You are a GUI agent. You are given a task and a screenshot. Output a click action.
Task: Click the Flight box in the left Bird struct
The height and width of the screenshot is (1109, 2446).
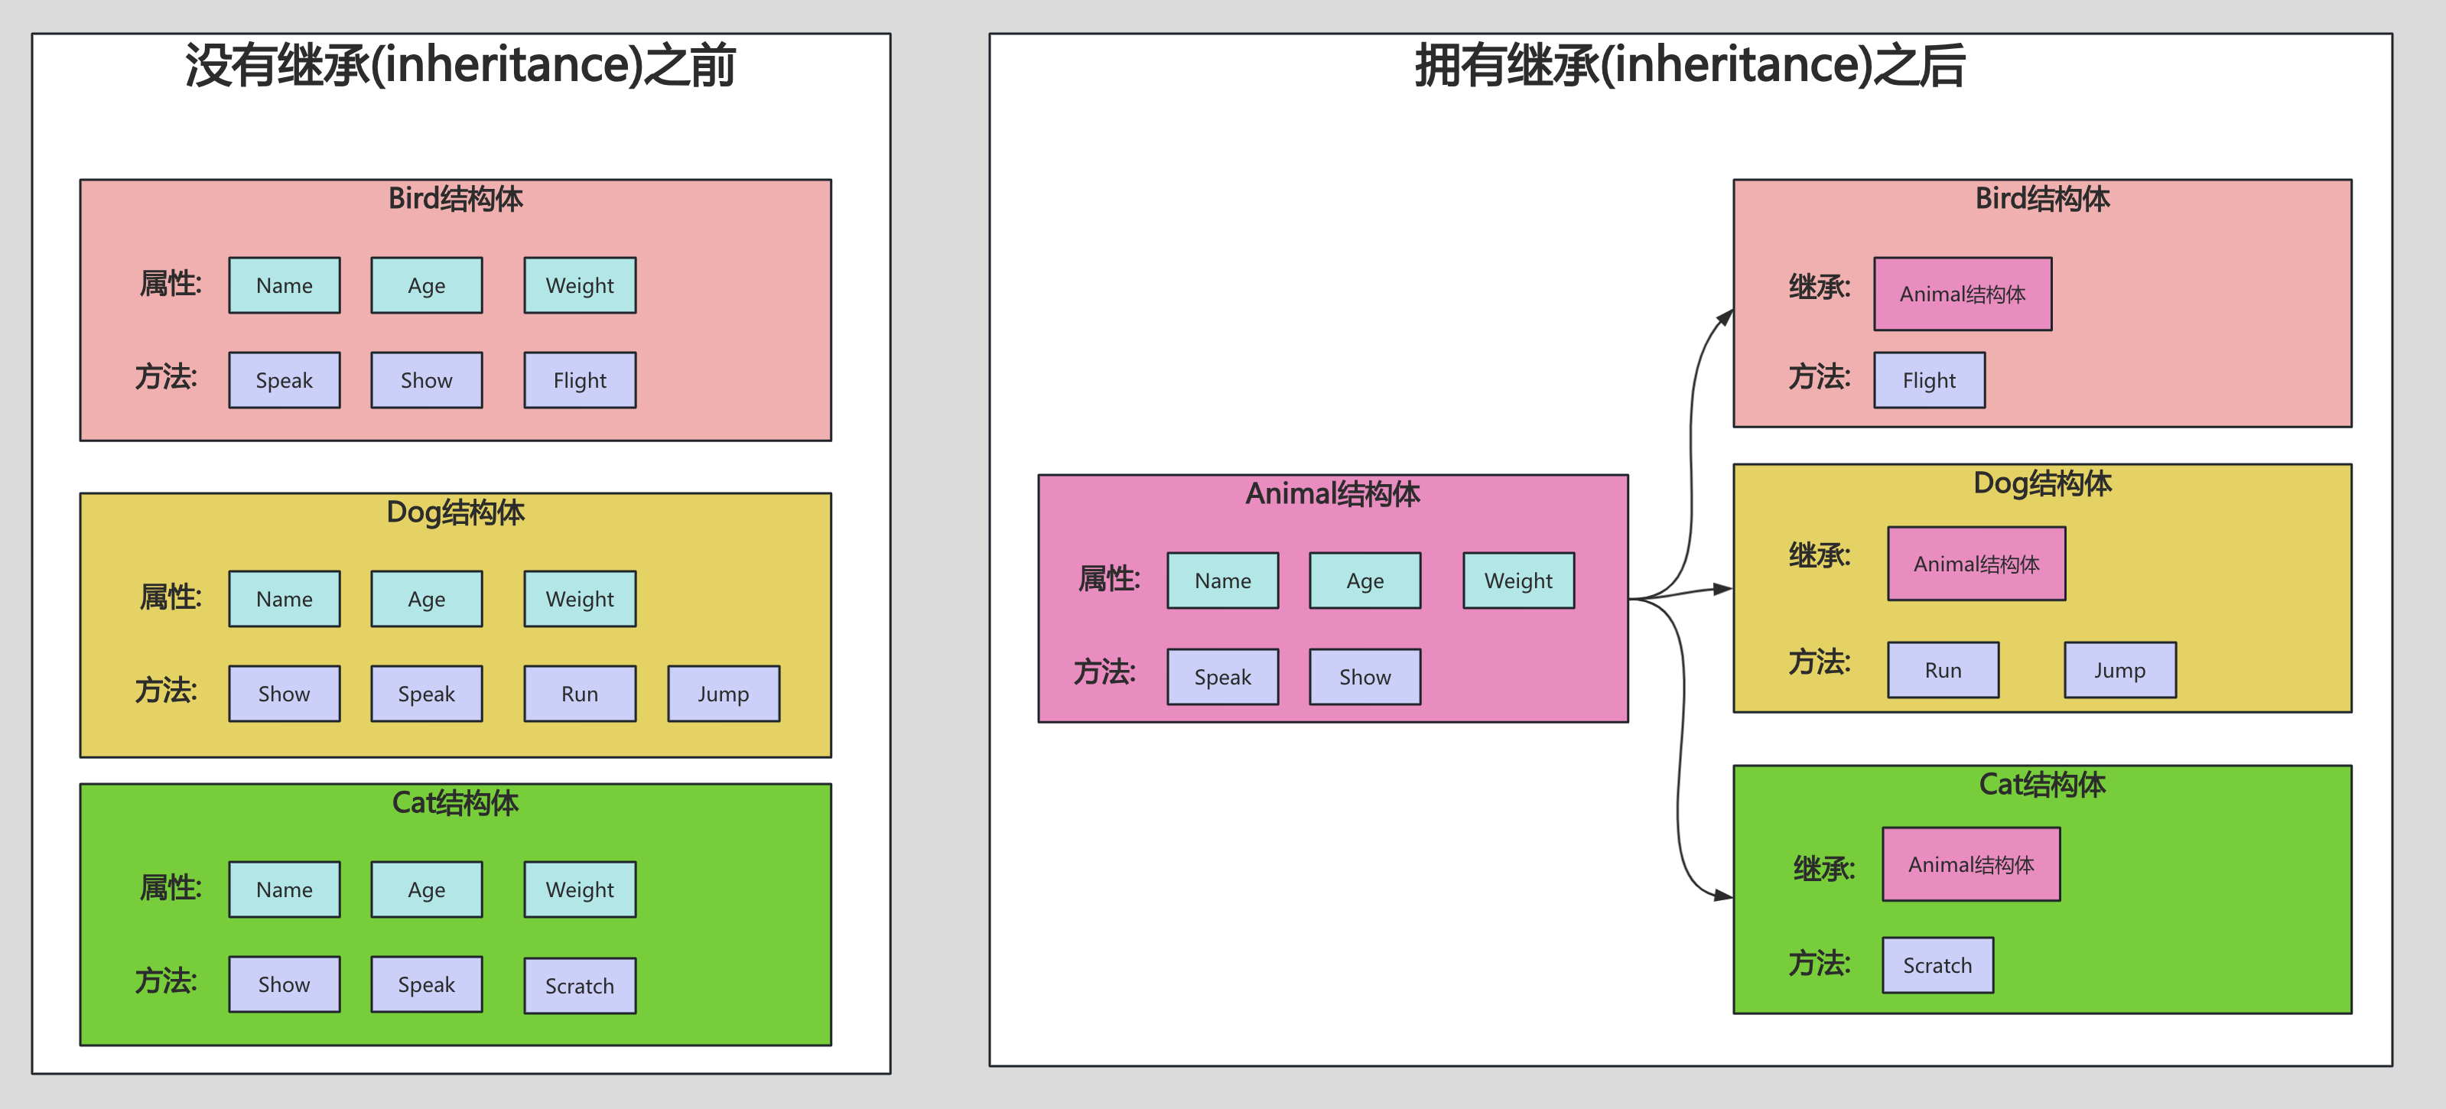tap(579, 381)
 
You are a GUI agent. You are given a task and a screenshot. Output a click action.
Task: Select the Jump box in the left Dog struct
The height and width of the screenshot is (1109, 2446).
tap(724, 694)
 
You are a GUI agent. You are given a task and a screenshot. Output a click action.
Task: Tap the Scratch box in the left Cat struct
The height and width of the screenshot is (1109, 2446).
tap(579, 986)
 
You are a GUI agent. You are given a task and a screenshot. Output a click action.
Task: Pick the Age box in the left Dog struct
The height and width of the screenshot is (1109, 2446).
tap(426, 599)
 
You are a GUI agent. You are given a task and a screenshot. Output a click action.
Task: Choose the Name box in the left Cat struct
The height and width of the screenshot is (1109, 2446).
tap(284, 889)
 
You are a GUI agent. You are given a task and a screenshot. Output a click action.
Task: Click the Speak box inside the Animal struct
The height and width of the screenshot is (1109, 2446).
tap(1222, 677)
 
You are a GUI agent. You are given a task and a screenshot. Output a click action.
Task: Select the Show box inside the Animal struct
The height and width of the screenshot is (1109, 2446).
tap(1364, 677)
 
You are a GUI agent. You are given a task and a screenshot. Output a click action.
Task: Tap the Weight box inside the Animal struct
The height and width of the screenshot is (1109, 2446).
tap(1518, 581)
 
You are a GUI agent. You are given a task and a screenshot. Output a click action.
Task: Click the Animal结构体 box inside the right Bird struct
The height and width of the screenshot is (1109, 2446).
tap(1962, 294)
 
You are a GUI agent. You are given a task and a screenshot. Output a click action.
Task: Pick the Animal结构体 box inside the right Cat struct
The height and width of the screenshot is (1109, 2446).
tap(1970, 865)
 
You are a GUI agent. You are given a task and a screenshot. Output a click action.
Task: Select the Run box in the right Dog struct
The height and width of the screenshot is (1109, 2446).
tap(1943, 670)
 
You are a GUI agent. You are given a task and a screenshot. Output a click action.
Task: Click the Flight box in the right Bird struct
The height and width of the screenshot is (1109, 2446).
tap(1928, 381)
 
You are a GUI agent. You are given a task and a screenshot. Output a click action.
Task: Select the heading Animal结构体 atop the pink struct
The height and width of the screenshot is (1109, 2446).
tap(1332, 494)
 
